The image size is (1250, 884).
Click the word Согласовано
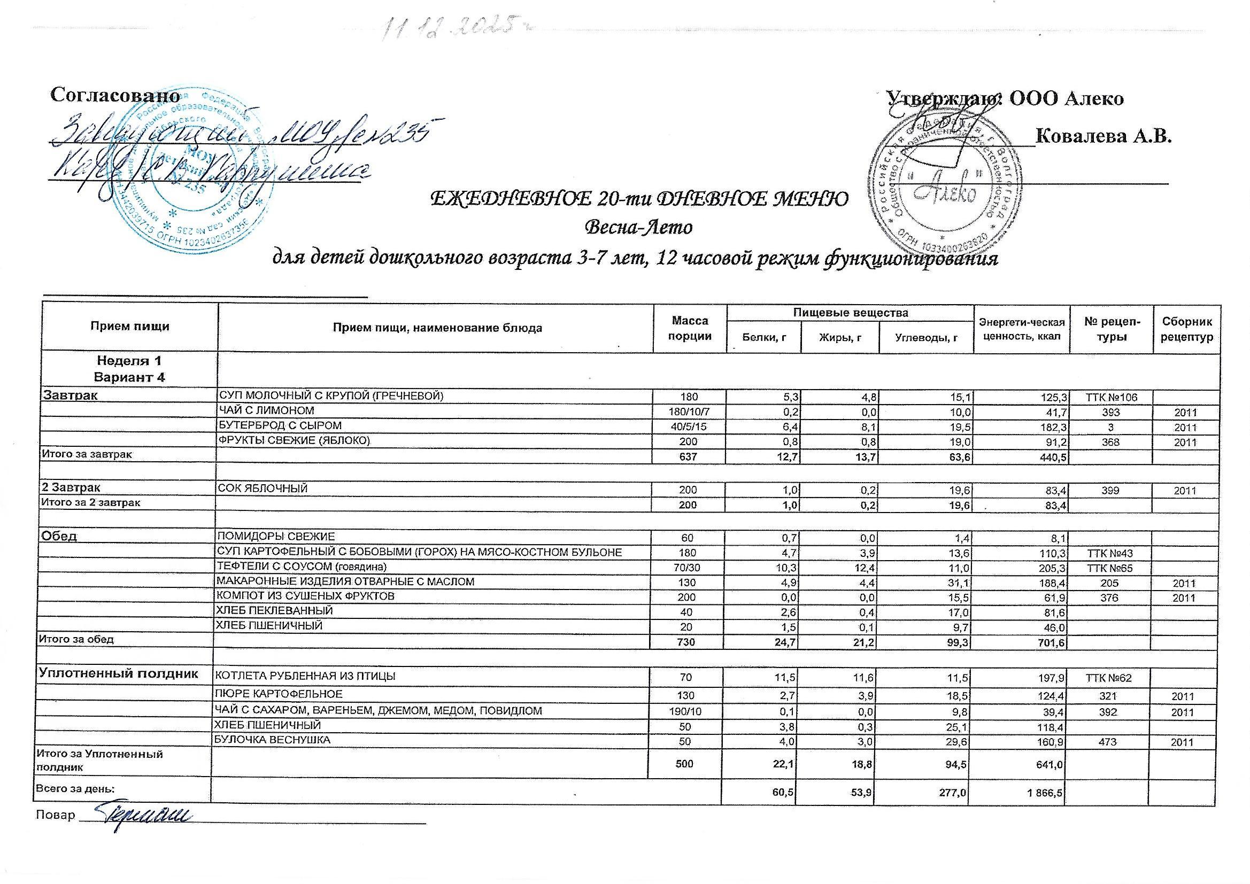(x=115, y=96)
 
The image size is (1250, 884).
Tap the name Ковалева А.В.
(x=1103, y=136)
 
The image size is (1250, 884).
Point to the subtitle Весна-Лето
(x=638, y=227)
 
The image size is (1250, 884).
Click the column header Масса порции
(x=690, y=328)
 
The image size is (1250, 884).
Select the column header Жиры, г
(x=840, y=338)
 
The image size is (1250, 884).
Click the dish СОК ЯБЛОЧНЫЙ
(x=263, y=489)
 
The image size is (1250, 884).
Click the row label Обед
(x=60, y=536)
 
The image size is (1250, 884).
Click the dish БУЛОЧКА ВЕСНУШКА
(x=273, y=740)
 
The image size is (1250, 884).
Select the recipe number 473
(x=1109, y=742)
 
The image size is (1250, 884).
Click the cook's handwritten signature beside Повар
(x=144, y=816)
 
